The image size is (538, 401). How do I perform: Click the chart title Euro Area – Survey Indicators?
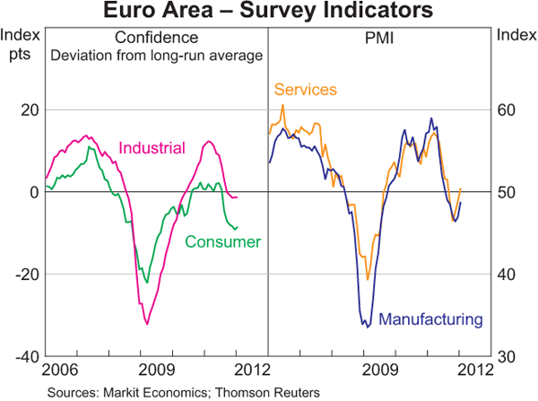268,12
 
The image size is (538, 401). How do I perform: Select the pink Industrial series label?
152,148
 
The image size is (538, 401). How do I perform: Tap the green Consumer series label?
222,241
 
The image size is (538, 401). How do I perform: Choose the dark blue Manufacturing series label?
431,318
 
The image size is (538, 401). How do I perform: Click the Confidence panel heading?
155,38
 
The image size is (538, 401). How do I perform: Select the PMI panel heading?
380,38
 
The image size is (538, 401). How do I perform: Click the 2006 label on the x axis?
62,370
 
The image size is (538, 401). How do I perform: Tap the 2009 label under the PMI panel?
380,370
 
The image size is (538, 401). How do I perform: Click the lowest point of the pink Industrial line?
147,323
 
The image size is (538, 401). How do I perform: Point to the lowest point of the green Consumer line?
147,283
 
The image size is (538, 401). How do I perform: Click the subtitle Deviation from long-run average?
155,55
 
